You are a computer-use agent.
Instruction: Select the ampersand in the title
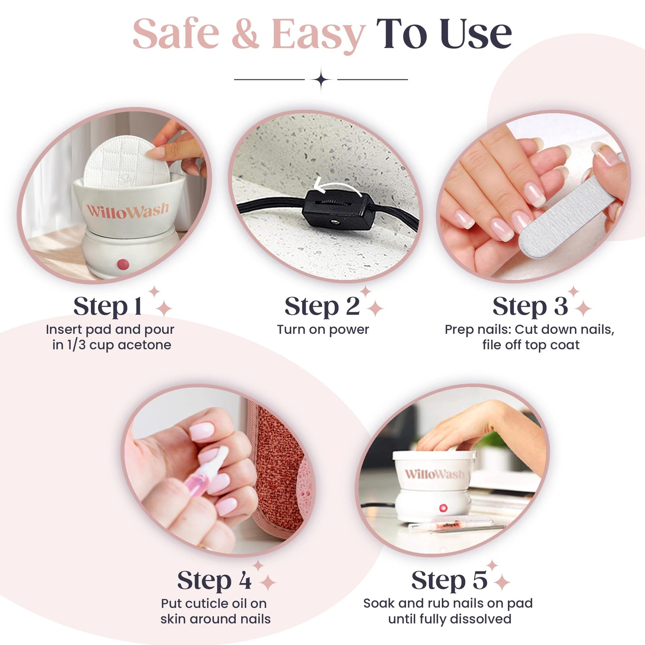pos(245,34)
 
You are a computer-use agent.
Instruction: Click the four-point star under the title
pos(321,80)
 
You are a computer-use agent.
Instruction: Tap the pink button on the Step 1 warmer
pos(123,264)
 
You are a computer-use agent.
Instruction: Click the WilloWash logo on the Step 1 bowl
pos(128,210)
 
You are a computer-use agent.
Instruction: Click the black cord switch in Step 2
pos(338,210)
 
